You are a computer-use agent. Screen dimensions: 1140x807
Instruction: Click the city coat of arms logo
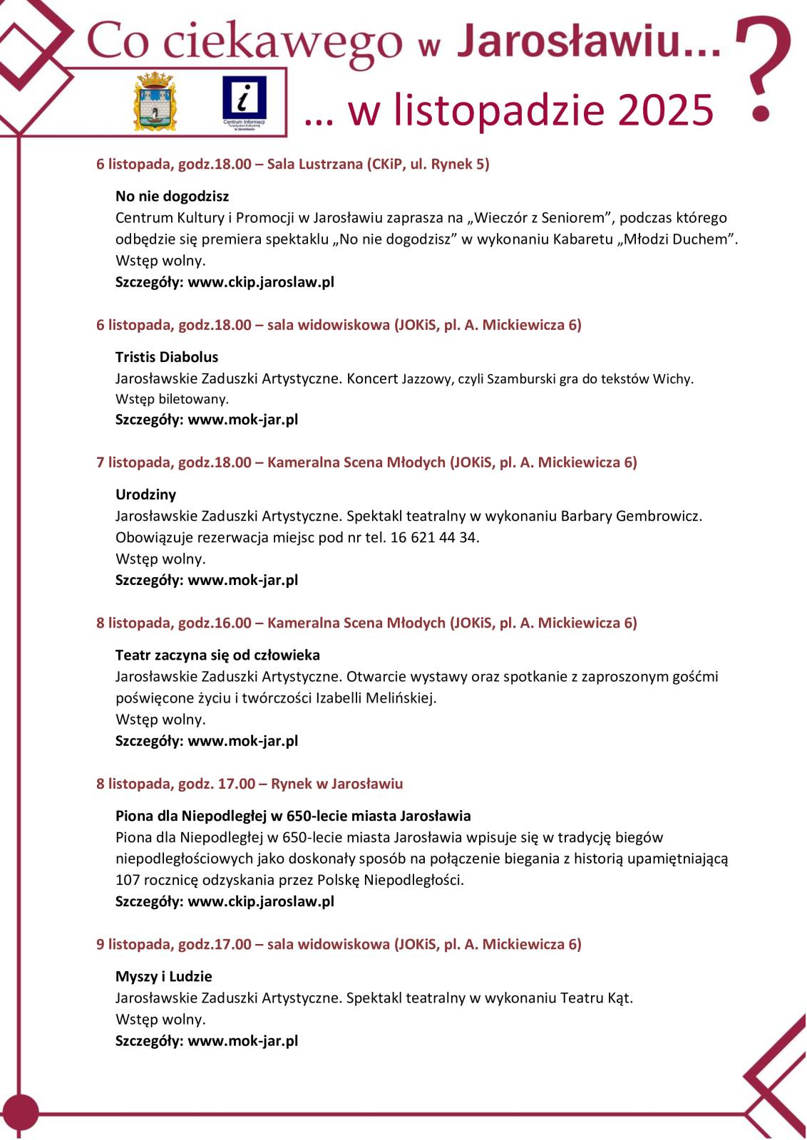point(155,100)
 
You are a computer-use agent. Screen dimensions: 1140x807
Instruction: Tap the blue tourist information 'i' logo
point(244,101)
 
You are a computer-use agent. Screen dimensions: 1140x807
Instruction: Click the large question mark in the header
point(764,68)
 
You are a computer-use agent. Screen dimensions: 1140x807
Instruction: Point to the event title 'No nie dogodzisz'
point(172,196)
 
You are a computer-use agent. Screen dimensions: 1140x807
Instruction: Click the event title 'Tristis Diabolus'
point(167,357)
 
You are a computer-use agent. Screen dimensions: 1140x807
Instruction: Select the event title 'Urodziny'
point(145,494)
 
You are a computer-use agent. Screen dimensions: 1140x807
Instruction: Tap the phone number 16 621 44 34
point(434,537)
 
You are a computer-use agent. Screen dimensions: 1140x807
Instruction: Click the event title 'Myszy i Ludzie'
point(163,976)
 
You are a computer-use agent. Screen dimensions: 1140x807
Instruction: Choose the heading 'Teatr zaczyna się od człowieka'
point(217,655)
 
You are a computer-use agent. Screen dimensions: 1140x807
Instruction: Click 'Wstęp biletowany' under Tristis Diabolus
point(172,399)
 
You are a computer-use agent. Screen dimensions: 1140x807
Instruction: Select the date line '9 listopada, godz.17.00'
point(174,944)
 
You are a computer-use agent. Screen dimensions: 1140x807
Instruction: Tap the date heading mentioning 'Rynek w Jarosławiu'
point(250,784)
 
